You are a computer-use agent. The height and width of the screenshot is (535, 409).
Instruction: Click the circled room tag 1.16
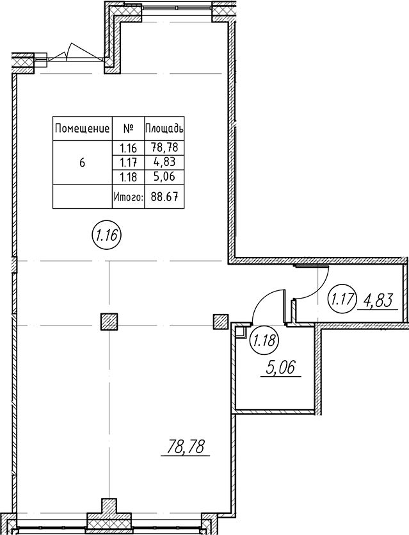tap(107, 235)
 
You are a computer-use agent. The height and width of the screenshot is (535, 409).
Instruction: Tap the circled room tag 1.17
tap(342, 300)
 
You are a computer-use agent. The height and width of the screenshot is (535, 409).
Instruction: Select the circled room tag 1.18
tap(265, 340)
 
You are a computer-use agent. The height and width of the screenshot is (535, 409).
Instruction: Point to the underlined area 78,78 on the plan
tap(185, 447)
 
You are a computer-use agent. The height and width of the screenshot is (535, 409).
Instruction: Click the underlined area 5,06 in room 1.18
tap(281, 368)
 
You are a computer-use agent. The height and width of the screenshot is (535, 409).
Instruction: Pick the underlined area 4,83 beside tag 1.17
tap(378, 301)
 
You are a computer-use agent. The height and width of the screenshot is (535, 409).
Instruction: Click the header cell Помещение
tap(82, 129)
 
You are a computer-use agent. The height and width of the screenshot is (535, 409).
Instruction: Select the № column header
tap(129, 129)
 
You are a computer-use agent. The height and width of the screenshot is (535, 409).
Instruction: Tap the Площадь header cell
tap(164, 129)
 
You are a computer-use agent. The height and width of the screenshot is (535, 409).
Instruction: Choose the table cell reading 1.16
tap(128, 148)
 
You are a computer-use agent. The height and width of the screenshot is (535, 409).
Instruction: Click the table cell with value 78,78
tap(164, 147)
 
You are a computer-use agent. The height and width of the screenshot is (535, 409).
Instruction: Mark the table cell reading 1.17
tap(128, 162)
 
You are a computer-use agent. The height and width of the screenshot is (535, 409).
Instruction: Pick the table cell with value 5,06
tap(164, 176)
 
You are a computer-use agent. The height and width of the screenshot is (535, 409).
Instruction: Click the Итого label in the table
tap(129, 197)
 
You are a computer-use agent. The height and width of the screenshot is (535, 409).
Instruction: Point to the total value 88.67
tap(164, 197)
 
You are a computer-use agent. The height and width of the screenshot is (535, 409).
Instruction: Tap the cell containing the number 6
tap(82, 163)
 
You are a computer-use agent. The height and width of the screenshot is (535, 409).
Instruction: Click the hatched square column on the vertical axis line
tap(109, 322)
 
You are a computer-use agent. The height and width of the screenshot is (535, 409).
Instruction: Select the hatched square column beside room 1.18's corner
tap(221, 322)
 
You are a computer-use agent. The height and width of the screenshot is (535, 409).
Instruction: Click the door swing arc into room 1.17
tap(316, 289)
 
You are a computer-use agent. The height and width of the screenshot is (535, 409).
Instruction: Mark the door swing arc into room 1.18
tap(263, 300)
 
